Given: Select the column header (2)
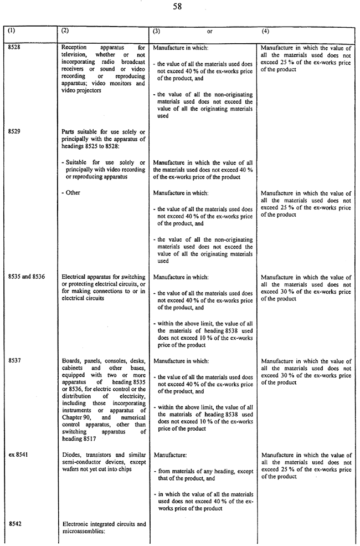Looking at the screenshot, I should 66,32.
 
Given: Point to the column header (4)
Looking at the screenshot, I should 265,32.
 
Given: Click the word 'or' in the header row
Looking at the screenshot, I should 209,32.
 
